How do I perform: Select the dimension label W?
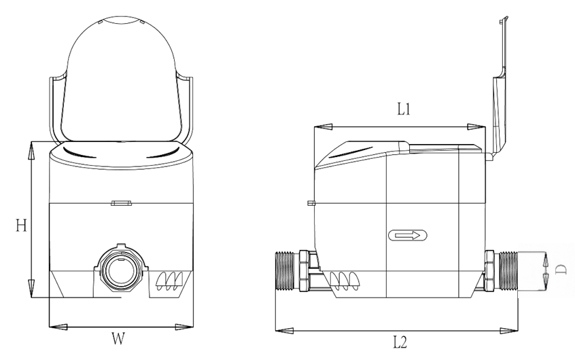point(120,337)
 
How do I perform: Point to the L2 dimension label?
point(399,342)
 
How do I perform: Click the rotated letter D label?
point(561,270)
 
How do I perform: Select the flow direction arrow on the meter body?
point(408,236)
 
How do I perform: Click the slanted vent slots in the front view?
point(169,280)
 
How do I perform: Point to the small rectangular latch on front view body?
point(120,202)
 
